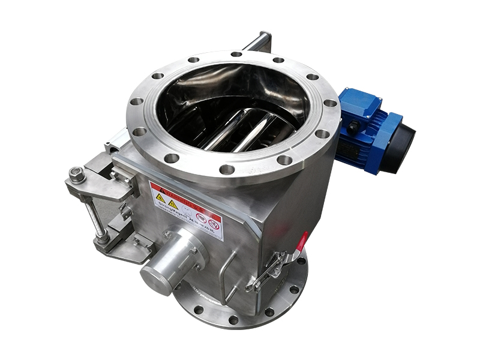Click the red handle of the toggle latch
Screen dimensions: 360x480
coord(302,241)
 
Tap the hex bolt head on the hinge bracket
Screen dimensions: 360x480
coord(76,175)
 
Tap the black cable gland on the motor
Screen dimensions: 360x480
coord(355,127)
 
